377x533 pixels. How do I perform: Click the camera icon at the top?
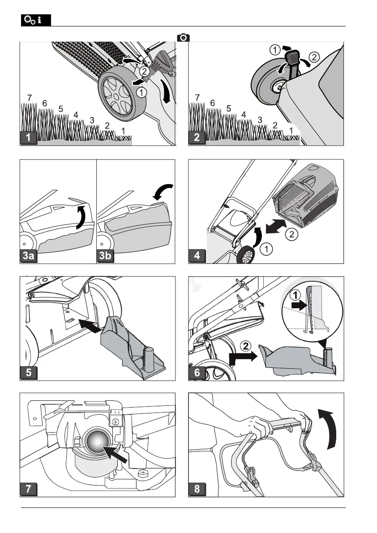183,37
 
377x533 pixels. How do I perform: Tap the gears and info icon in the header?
36,20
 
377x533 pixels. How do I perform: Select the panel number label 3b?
105,255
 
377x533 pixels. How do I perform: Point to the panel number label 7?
29,489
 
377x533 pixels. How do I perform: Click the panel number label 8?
197,489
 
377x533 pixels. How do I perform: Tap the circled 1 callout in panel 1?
141,92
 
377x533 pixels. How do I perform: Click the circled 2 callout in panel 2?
314,57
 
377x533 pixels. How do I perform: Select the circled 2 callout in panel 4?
291,234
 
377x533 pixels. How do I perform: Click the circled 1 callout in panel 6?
296,295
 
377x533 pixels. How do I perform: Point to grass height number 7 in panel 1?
29,98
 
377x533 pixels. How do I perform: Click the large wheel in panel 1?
122,96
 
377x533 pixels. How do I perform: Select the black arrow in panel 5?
90,325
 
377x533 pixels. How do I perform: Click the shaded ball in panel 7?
97,441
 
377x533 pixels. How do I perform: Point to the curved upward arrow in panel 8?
327,429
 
